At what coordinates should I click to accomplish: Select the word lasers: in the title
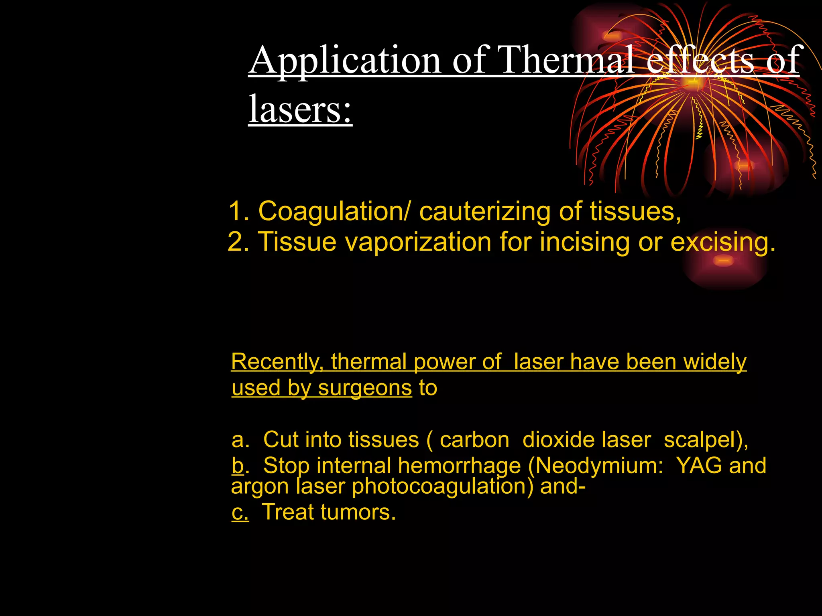coord(300,109)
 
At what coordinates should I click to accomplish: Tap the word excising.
coord(722,242)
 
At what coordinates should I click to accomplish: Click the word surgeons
coord(365,388)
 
